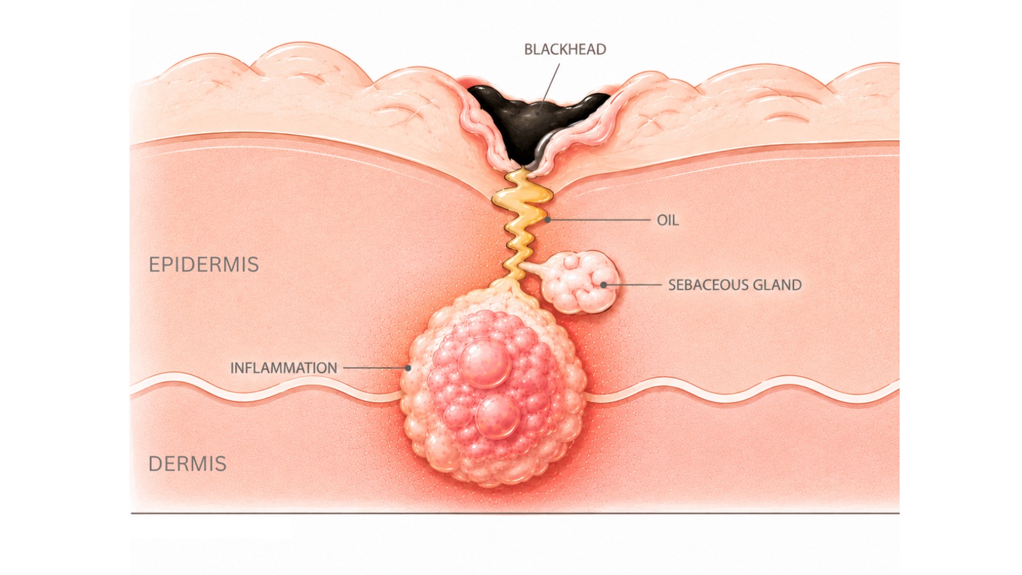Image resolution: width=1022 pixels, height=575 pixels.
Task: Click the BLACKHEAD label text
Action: pyautogui.click(x=565, y=49)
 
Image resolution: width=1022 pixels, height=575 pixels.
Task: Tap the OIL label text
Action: pyautogui.click(x=667, y=220)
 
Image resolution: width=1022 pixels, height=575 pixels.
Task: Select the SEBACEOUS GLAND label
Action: pyautogui.click(x=735, y=285)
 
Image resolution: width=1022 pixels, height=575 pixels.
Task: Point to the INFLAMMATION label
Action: pyautogui.click(x=284, y=368)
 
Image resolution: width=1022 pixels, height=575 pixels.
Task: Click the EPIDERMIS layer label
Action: pyautogui.click(x=204, y=265)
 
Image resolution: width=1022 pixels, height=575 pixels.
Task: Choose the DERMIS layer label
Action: pyautogui.click(x=188, y=464)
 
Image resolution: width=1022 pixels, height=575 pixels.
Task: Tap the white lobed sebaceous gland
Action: pyautogui.click(x=582, y=283)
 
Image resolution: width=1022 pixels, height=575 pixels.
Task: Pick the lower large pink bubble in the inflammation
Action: pyautogui.click(x=497, y=417)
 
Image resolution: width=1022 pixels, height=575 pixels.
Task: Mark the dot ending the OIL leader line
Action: pyautogui.click(x=548, y=220)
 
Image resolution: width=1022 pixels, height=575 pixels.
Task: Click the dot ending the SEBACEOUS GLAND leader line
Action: pyautogui.click(x=603, y=285)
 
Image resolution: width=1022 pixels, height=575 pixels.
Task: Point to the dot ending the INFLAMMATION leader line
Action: pyautogui.click(x=408, y=367)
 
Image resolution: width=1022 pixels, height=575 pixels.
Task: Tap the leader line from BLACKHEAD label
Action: pyautogui.click(x=550, y=87)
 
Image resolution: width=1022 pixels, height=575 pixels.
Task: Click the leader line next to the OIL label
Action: pyautogui.click(x=598, y=220)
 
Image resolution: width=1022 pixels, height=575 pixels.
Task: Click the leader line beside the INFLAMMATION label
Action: pyautogui.click(x=375, y=367)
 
